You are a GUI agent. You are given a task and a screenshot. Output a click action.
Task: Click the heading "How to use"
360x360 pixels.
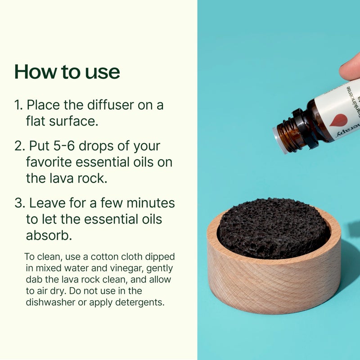pos(67,72)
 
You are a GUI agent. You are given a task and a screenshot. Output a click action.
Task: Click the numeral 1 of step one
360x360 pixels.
pos(18,105)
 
